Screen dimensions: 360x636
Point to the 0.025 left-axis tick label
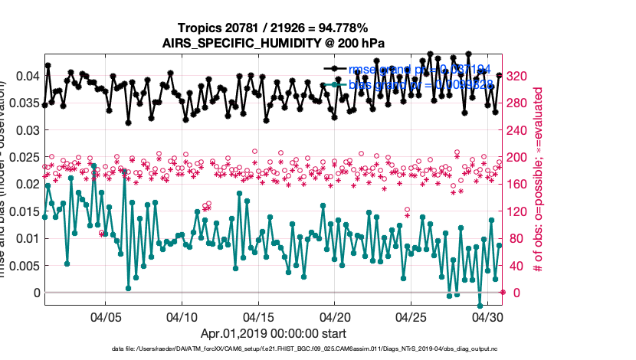point(23,157)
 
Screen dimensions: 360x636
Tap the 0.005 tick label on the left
point(23,266)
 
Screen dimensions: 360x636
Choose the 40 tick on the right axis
point(516,266)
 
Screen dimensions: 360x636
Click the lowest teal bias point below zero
point(480,306)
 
